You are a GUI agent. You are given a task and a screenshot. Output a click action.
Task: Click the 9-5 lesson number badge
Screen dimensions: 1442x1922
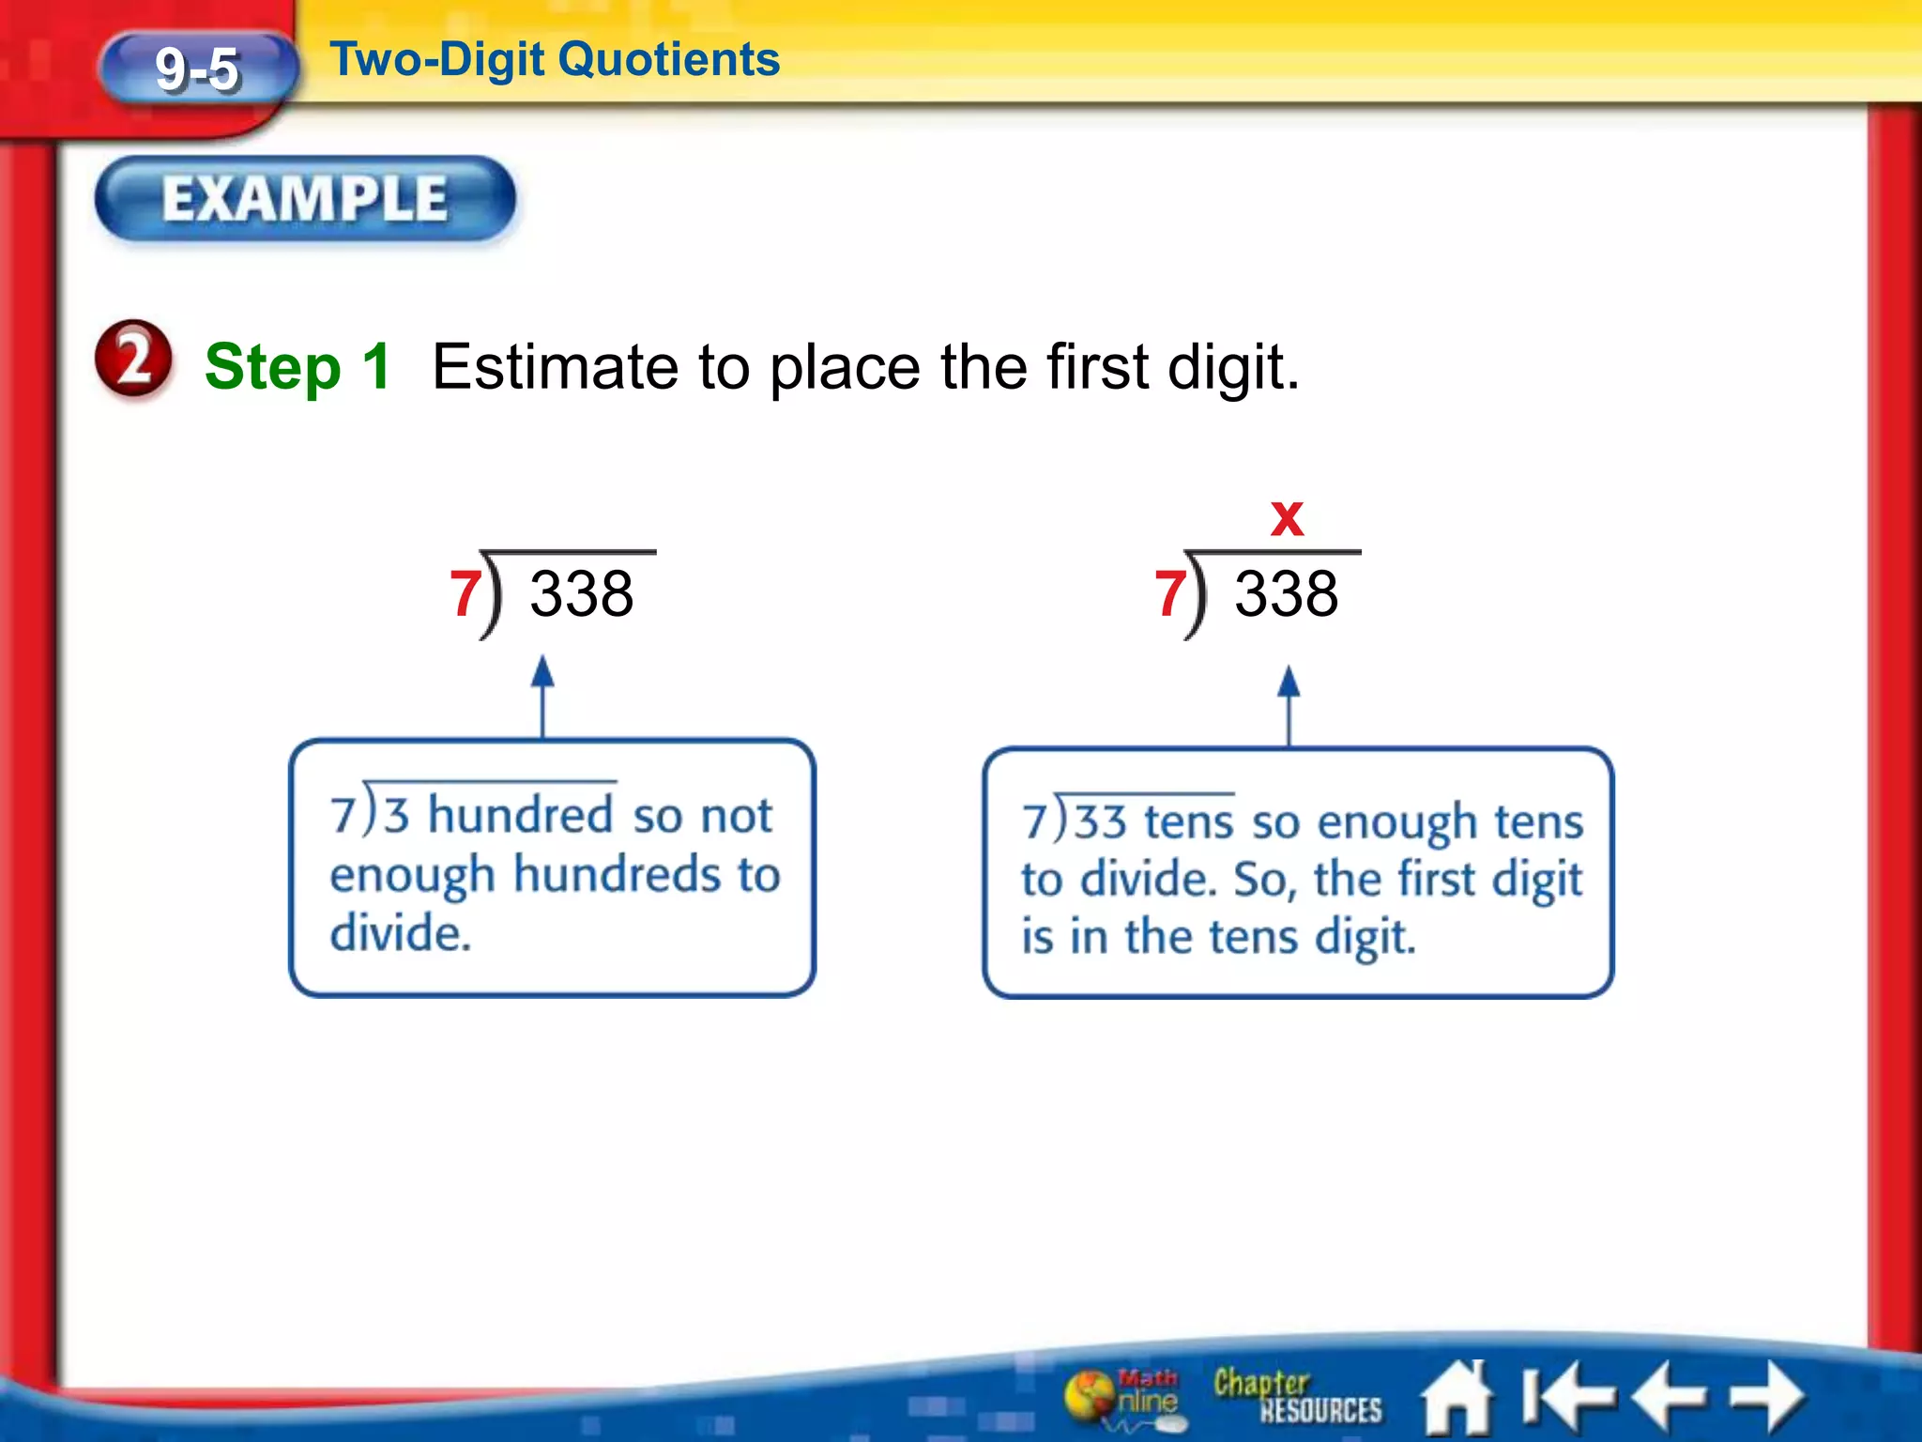coord(198,69)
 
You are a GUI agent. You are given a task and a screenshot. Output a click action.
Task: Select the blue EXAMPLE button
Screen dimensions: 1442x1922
coord(305,199)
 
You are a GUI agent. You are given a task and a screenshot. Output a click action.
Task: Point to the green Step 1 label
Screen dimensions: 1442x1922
coord(297,366)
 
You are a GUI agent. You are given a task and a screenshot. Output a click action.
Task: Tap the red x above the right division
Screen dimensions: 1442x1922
coord(1287,518)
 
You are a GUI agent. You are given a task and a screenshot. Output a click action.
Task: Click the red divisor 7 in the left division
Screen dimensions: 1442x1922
coord(465,593)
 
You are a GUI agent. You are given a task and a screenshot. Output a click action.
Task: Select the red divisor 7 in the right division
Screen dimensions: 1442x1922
coord(1170,593)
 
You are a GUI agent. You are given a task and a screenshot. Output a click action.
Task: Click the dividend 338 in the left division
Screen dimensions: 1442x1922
coord(582,593)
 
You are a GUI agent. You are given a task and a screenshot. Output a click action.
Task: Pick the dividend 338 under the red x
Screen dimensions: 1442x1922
coord(1286,593)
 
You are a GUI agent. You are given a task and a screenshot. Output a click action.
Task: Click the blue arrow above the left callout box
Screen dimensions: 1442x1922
coord(542,695)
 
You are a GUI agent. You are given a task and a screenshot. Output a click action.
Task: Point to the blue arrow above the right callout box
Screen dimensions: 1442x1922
coord(1289,704)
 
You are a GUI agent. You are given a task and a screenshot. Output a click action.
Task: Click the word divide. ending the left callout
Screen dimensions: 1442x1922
coord(401,933)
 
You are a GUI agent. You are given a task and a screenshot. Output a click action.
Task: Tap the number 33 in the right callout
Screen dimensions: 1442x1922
coord(1100,821)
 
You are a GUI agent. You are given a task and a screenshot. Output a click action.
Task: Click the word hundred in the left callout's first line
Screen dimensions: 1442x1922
coord(521,814)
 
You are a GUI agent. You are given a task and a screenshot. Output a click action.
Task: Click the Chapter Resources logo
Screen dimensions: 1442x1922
coord(1296,1396)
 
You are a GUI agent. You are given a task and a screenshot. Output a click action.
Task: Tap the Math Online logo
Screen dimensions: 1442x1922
coord(1125,1396)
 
